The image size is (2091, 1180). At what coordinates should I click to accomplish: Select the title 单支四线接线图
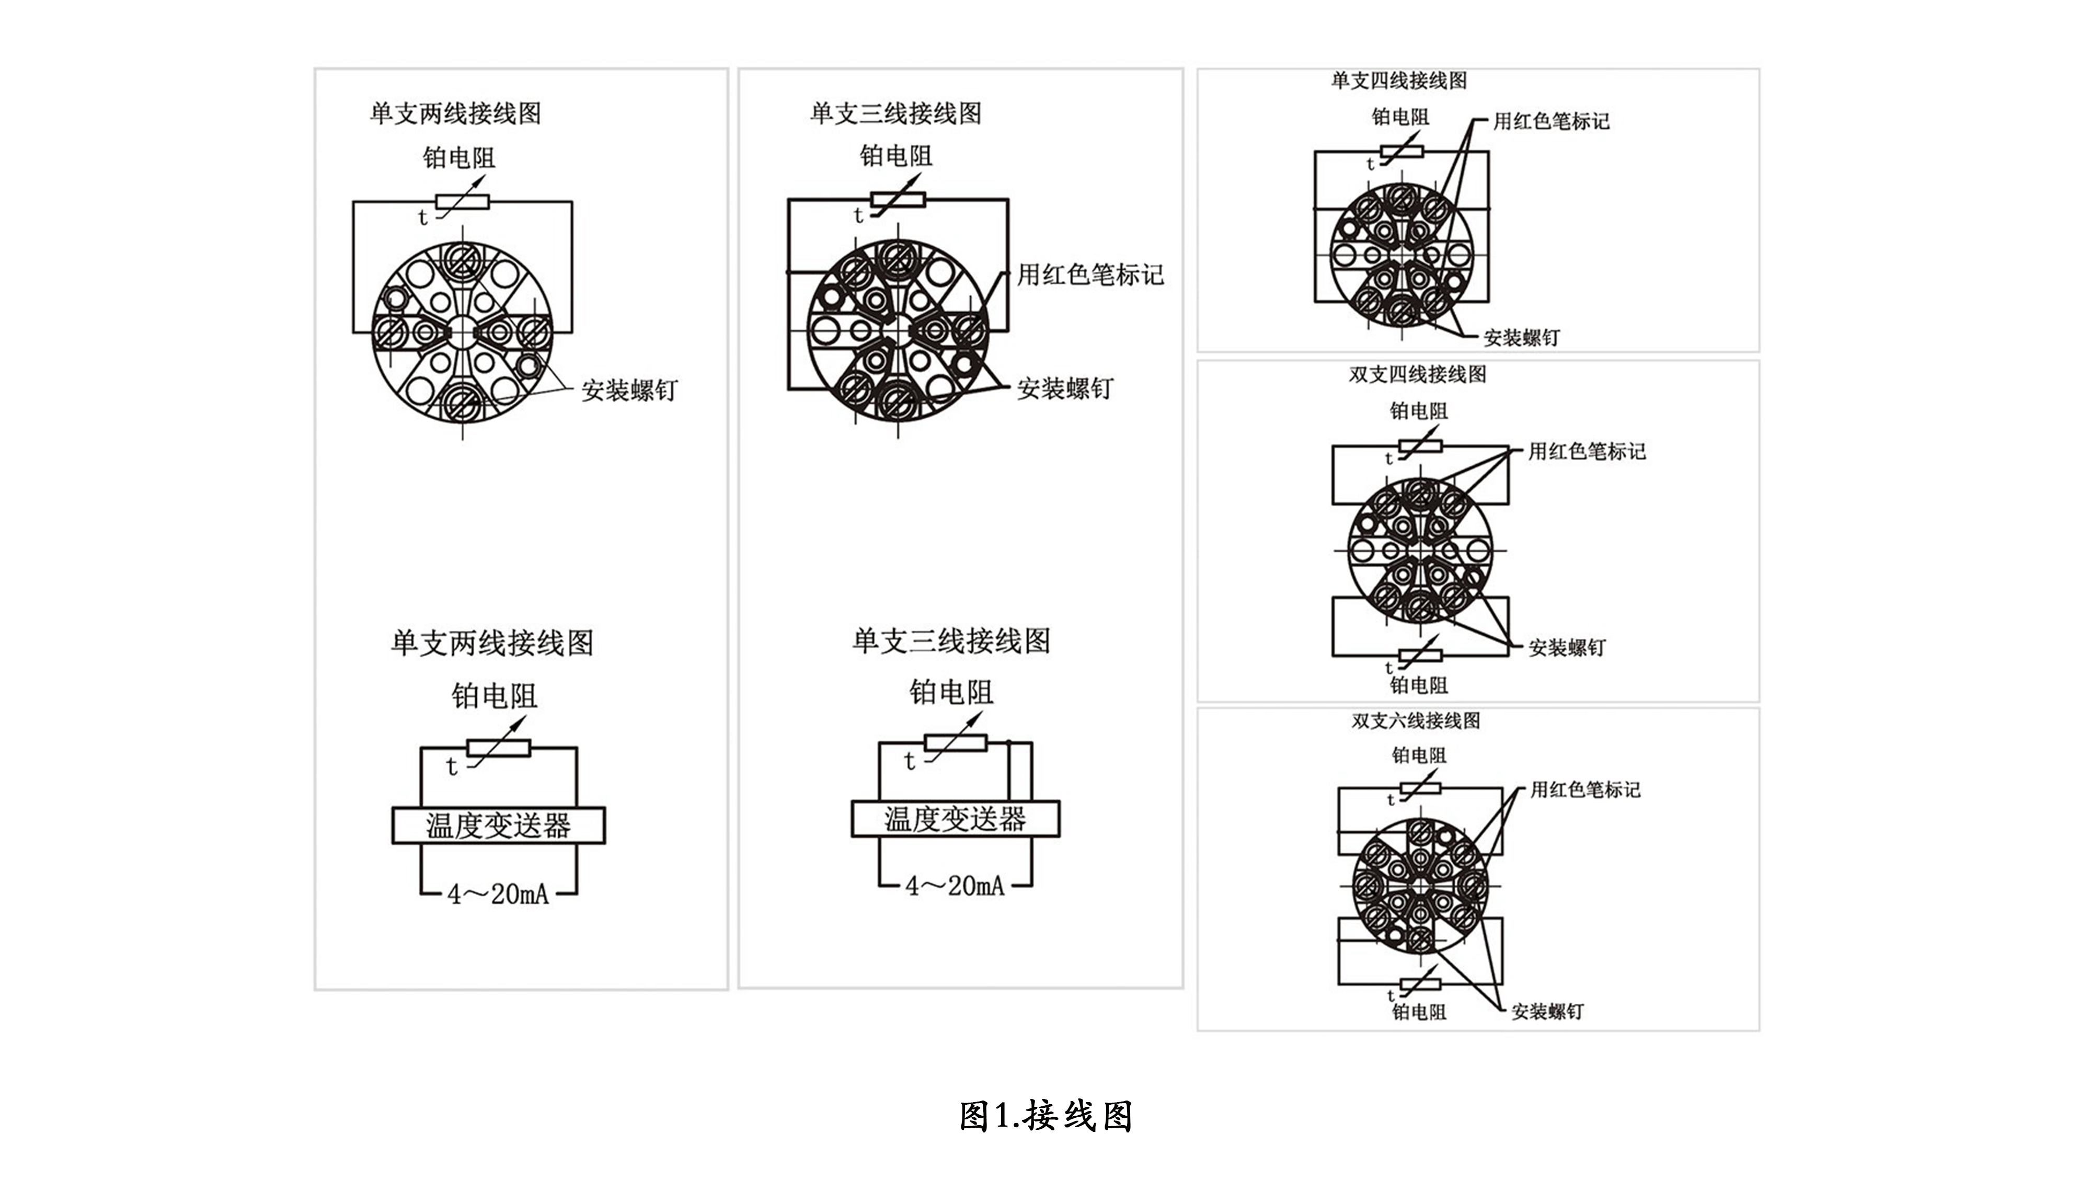[x=1398, y=81]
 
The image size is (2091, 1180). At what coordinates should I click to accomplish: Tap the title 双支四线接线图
[x=1417, y=374]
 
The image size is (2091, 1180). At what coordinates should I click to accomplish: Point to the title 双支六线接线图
[x=1416, y=720]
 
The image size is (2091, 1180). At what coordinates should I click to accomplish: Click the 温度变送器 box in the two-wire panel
[x=498, y=826]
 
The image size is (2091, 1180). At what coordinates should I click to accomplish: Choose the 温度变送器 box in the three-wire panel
[x=956, y=819]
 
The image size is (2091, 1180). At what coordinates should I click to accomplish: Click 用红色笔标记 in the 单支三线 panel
[x=1090, y=274]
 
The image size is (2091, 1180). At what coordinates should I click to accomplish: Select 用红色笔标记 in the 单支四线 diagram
[x=1551, y=121]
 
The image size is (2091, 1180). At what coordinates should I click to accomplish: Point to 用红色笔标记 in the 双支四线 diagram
[x=1587, y=451]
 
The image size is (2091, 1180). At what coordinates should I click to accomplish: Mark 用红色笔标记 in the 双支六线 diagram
[x=1586, y=789]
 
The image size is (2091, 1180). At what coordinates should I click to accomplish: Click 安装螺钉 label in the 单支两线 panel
[x=629, y=391]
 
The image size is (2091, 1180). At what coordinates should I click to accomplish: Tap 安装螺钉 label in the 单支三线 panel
[x=1065, y=389]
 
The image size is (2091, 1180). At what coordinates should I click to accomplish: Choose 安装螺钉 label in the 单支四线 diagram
[x=1521, y=338]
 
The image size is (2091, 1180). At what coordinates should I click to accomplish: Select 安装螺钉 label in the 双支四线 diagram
[x=1567, y=648]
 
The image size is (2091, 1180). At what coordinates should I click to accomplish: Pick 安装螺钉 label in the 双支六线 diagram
[x=1547, y=1011]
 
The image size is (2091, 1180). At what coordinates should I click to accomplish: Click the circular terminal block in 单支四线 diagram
[x=1401, y=254]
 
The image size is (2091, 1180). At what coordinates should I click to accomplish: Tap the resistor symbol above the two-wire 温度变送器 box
[x=498, y=748]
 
